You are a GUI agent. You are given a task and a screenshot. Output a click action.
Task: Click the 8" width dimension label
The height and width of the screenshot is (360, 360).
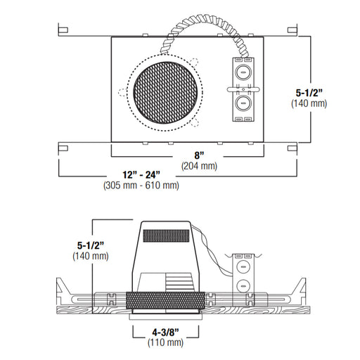coord(199,155)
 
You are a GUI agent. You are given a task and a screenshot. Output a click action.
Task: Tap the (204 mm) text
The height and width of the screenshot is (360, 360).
coord(199,166)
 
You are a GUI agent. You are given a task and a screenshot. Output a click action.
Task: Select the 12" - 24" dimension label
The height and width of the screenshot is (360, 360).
coord(141,175)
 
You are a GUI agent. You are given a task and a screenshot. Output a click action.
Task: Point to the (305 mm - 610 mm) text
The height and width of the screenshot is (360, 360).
coord(141,186)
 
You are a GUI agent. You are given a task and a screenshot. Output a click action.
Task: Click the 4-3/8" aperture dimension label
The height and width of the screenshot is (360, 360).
coord(165,332)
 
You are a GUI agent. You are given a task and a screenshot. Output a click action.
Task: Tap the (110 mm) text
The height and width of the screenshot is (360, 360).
coord(165,342)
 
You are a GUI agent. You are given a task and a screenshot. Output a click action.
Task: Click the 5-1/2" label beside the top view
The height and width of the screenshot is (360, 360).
coord(309,93)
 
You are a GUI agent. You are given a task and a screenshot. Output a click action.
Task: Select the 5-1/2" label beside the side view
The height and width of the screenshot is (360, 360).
coord(91,245)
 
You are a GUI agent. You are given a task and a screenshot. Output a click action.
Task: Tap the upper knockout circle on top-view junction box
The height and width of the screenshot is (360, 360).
coord(243,72)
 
